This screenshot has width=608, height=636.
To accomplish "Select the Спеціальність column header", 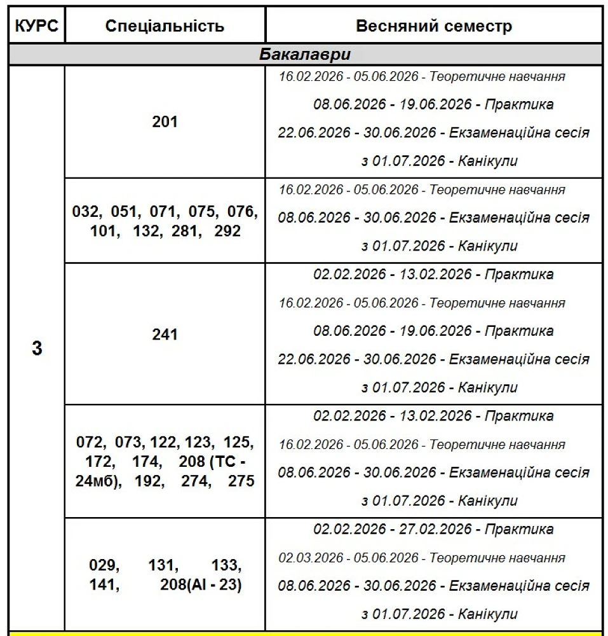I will pos(165,26).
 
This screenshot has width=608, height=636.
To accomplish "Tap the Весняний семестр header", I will pos(433,26).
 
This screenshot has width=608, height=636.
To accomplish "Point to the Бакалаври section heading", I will pos(305,54).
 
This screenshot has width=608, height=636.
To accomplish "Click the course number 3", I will pos(37,349).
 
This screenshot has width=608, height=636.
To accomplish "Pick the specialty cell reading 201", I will pos(165,121).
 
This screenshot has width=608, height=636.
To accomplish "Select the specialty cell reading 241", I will pos(165,334).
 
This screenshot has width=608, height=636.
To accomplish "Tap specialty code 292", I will pos(227,231).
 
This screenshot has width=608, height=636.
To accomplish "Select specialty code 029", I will pos(103,565).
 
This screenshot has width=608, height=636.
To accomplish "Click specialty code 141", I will pos(103,584).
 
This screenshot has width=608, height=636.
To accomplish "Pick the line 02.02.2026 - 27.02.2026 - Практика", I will pos(433,529).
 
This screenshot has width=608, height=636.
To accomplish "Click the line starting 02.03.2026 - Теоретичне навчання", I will pos(422,558).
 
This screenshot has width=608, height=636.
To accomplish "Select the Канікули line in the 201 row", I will pos(439,161).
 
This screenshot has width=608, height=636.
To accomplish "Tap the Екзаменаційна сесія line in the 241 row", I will pos(433,359).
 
